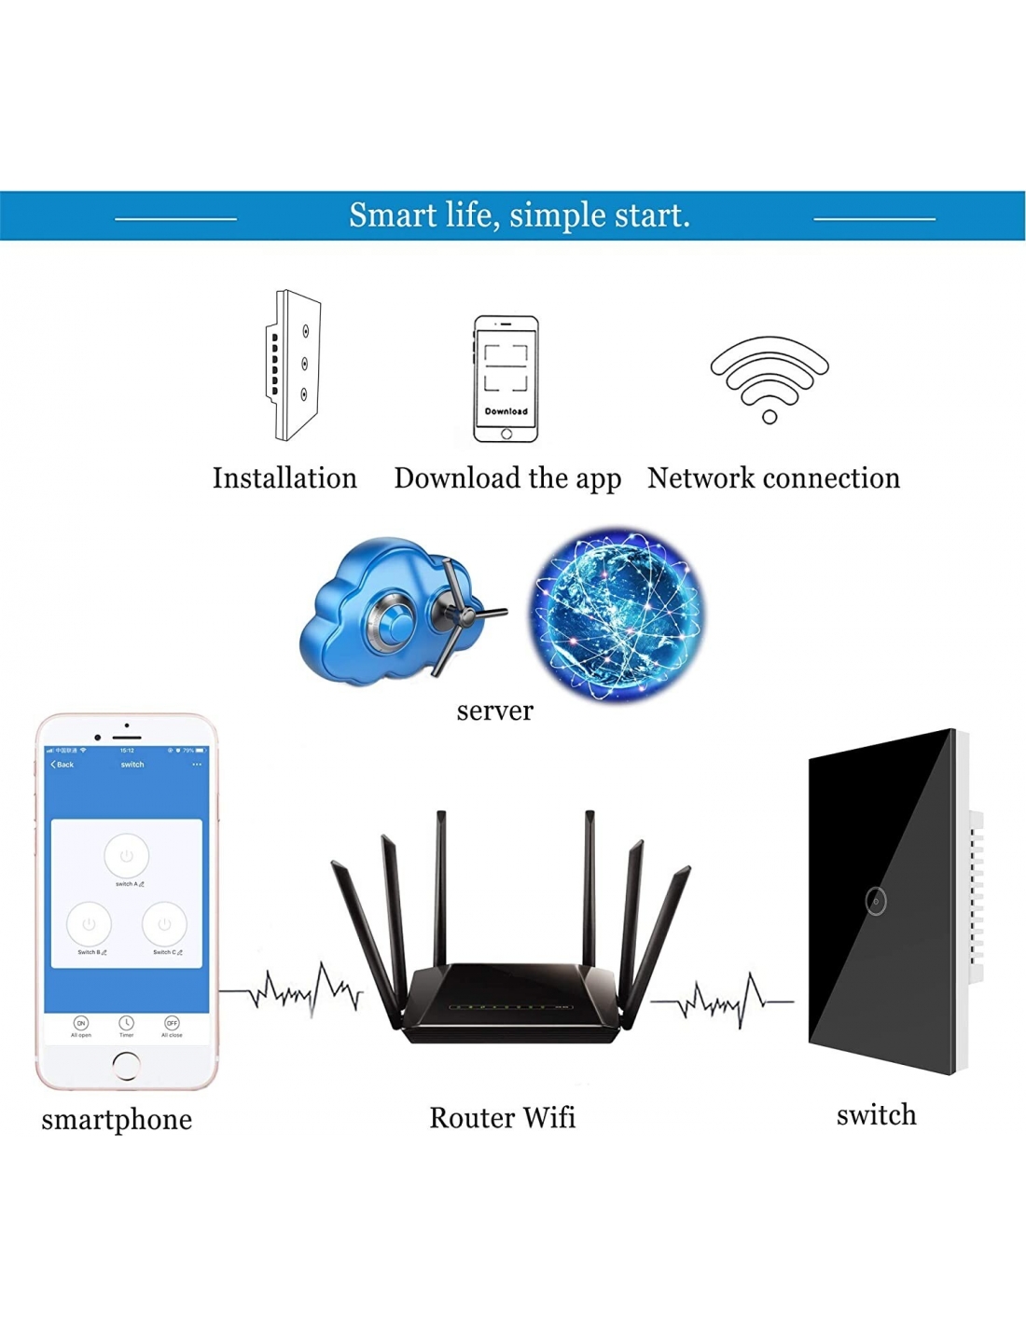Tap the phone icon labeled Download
click(506, 379)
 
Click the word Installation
click(284, 478)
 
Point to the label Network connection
click(773, 478)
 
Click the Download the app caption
click(507, 478)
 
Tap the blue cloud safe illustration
click(396, 611)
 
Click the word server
click(494, 711)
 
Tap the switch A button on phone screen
click(127, 856)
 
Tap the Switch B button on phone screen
click(89, 924)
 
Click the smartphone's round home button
click(126, 1065)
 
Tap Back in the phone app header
click(62, 765)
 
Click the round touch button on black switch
click(875, 901)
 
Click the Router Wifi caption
click(502, 1117)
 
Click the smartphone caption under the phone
click(117, 1119)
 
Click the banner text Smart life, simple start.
click(520, 215)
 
